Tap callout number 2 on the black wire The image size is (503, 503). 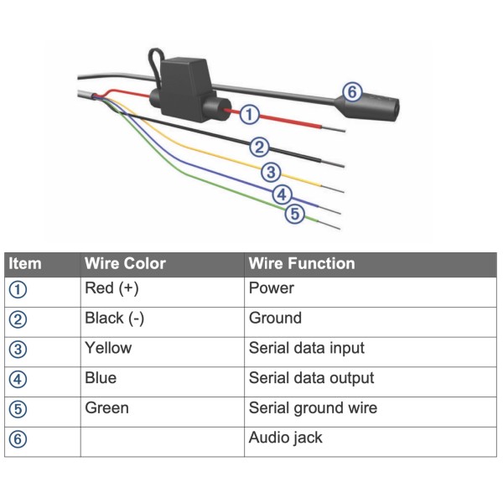[x=260, y=148]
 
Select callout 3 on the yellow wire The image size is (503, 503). [x=270, y=173]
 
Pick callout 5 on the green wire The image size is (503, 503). [x=293, y=215]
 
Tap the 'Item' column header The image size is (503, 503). [x=25, y=264]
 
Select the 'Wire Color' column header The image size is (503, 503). [x=125, y=264]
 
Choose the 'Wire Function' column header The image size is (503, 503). [x=302, y=264]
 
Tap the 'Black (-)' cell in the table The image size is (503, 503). [x=112, y=319]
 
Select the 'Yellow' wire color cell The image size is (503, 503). [x=108, y=348]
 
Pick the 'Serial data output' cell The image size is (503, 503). [x=311, y=378]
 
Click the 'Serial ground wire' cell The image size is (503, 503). [x=313, y=408]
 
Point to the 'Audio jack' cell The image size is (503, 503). [x=286, y=438]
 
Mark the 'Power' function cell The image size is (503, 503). [x=272, y=288]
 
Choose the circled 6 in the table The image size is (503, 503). [x=18, y=439]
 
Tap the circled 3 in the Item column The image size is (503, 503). [x=18, y=349]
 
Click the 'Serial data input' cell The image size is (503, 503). [x=307, y=348]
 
